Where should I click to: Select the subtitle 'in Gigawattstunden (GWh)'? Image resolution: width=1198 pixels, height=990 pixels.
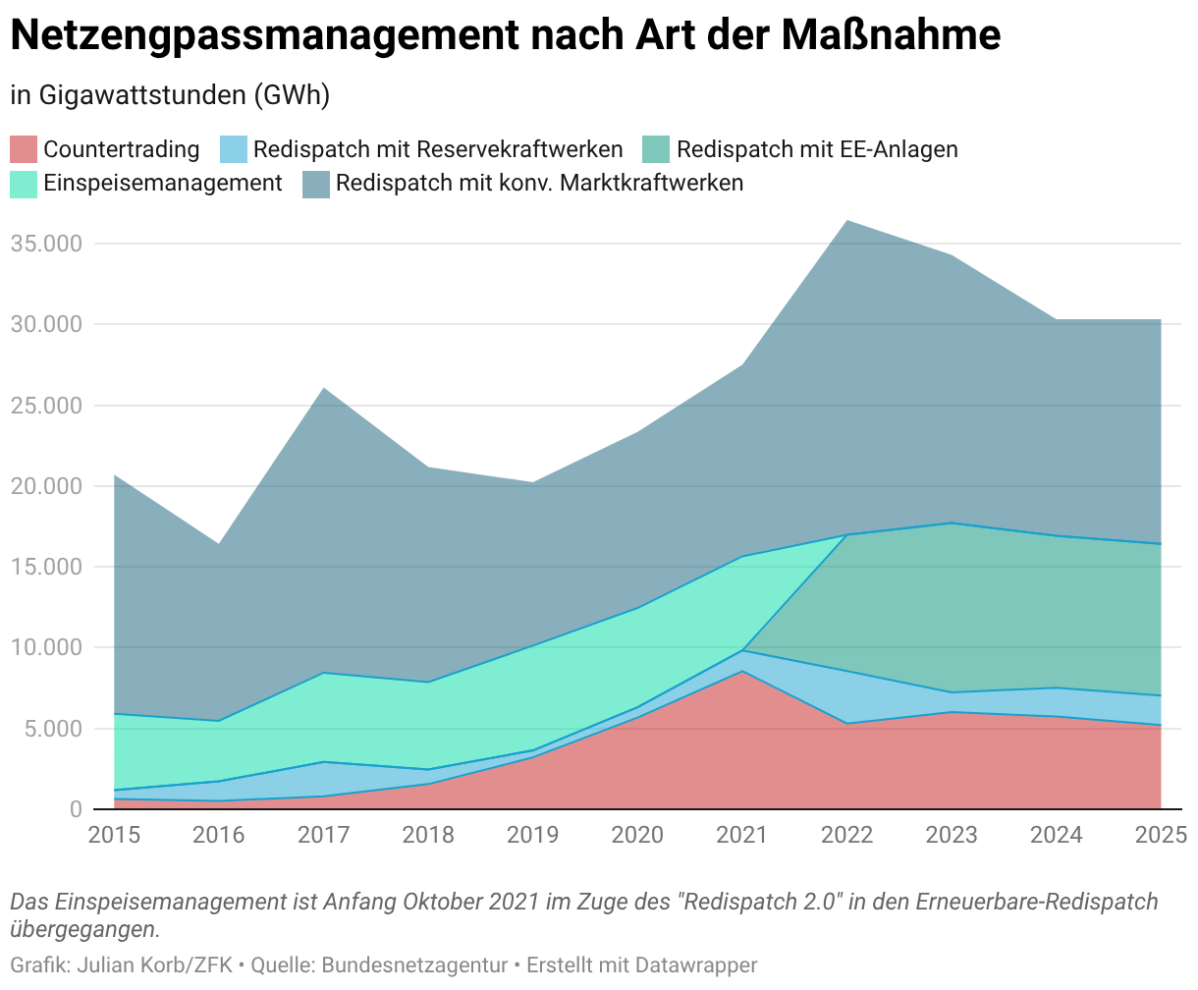[x=170, y=95]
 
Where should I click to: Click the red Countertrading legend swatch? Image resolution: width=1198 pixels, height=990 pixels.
[x=24, y=149]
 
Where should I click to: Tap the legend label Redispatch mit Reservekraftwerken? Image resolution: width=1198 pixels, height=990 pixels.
[x=438, y=149]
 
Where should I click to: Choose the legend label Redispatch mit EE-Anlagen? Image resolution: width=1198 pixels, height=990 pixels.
[x=817, y=149]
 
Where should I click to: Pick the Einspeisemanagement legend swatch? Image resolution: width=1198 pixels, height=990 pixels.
[x=24, y=184]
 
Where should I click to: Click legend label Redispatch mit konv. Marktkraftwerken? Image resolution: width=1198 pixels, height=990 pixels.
[x=539, y=184]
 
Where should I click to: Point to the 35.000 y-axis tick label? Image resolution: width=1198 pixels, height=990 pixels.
[x=45, y=243]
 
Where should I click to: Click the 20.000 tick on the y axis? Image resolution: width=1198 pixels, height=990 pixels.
[x=45, y=485]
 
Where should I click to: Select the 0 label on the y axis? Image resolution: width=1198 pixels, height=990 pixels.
[x=75, y=808]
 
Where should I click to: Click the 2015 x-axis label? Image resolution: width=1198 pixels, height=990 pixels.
[x=114, y=835]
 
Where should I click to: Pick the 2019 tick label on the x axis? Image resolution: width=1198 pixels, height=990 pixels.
[x=532, y=835]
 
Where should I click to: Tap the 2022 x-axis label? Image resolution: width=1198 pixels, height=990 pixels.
[x=846, y=835]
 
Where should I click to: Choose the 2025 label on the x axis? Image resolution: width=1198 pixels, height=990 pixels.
[x=1161, y=835]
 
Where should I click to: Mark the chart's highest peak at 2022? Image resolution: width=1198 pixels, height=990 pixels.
[x=846, y=221]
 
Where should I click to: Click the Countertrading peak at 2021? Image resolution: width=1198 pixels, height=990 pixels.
[x=742, y=672]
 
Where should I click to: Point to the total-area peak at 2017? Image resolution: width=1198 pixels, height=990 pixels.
[x=323, y=388]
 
